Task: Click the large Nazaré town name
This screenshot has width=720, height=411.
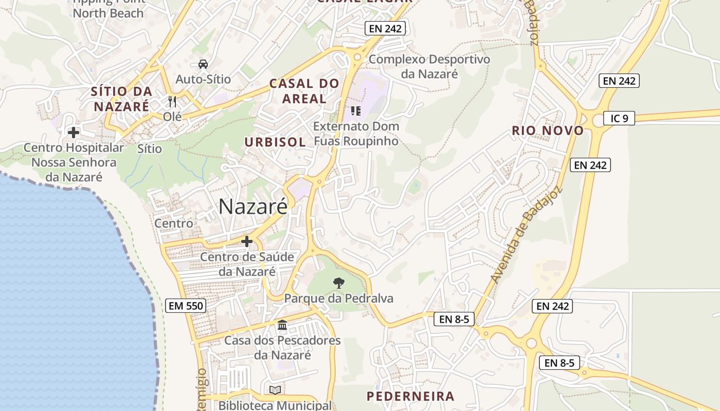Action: pos(253,207)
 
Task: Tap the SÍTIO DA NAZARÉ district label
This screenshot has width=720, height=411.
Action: pos(121,99)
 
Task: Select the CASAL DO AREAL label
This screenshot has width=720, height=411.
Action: pos(304,91)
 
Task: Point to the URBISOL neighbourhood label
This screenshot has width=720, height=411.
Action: pos(275,142)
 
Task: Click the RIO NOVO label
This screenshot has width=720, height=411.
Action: pos(548,130)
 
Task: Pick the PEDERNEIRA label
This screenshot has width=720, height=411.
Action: pos(410,396)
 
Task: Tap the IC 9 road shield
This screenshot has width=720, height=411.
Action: pos(619,118)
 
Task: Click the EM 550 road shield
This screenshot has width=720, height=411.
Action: pos(186,306)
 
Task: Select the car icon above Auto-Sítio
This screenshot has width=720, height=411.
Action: pos(203,64)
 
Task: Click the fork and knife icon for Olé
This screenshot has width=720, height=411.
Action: pos(172,102)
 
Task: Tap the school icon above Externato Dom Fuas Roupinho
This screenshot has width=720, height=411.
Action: pos(355,110)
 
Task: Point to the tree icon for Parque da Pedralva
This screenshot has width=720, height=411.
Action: pos(338,282)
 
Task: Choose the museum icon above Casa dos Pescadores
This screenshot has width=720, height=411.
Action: pos(282,325)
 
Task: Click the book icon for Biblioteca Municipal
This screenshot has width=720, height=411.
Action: pos(275,390)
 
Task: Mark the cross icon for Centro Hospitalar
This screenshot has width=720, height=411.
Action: pos(74,133)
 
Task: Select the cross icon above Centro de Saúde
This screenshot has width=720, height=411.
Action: pos(247,241)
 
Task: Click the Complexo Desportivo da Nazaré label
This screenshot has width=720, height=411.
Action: pos(429,66)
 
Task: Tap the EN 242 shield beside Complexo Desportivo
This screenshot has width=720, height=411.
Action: pos(385,28)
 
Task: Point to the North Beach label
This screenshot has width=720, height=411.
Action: pos(108,13)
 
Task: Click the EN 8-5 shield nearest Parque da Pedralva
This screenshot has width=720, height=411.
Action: pos(454,319)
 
